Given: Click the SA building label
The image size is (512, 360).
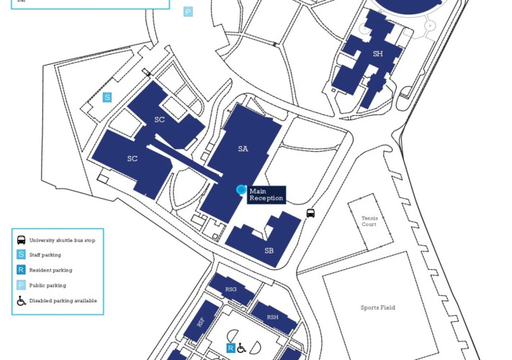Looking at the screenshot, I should pyautogui.click(x=243, y=149).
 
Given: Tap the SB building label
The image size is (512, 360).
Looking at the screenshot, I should pyautogui.click(x=269, y=251).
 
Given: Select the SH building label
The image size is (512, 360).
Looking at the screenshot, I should pyautogui.click(x=377, y=54).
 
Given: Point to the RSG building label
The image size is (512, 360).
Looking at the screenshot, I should pyautogui.click(x=231, y=289).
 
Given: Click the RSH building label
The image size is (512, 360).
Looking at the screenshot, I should pyautogui.click(x=272, y=317).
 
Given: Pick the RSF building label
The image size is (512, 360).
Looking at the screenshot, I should pyautogui.click(x=200, y=323).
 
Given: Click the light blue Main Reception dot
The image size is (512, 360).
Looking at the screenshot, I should pyautogui.click(x=241, y=189).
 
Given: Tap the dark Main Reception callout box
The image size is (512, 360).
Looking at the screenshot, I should pyautogui.click(x=266, y=194).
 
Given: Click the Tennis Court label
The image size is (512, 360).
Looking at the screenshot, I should pyautogui.click(x=369, y=221).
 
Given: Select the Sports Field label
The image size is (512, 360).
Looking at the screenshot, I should pyautogui.click(x=377, y=307).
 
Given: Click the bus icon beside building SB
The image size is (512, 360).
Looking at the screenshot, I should pyautogui.click(x=310, y=213).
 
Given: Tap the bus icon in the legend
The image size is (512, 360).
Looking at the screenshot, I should pyautogui.click(x=22, y=240).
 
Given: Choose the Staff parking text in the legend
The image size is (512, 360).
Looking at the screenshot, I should pyautogui.click(x=45, y=255).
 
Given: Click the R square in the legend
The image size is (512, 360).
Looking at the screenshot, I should pyautogui.click(x=22, y=270).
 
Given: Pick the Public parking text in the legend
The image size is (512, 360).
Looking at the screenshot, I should pyautogui.click(x=47, y=285).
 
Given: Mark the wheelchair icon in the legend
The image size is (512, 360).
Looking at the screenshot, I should pyautogui.click(x=22, y=300).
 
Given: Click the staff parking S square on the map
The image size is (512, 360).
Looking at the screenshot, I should pyautogui.click(x=107, y=97).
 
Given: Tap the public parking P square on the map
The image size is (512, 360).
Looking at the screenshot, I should pyautogui.click(x=188, y=12).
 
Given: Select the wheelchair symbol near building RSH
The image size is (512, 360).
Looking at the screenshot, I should pyautogui.click(x=241, y=348).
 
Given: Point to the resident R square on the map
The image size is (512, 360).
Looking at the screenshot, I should pyautogui.click(x=230, y=348).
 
